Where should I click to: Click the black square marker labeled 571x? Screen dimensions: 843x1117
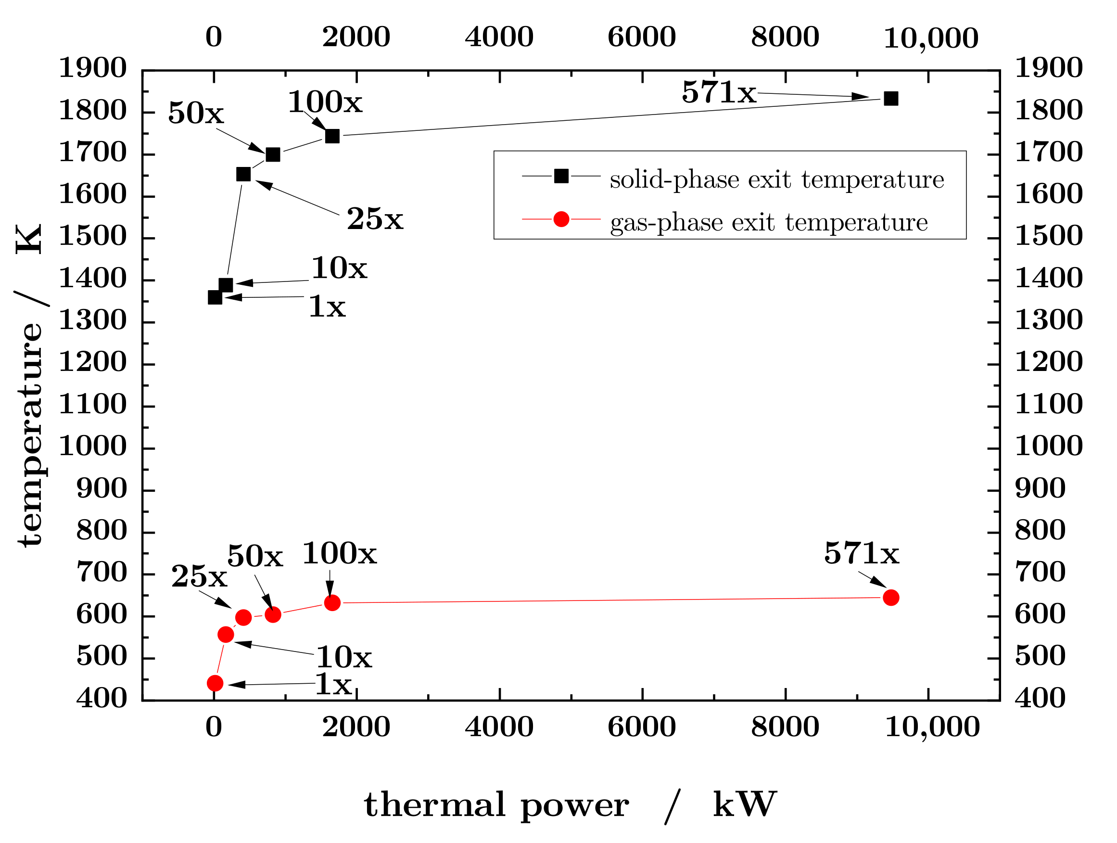click(891, 99)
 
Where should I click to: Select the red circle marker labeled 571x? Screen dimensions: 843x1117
click(891, 598)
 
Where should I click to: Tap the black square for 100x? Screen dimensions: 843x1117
click(332, 136)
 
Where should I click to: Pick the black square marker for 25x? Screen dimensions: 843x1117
click(243, 174)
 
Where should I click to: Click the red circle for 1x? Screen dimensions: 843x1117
click(215, 683)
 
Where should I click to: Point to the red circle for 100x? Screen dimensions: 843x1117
click(332, 602)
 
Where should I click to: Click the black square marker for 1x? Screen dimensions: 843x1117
click(215, 297)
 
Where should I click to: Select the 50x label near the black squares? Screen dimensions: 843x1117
click(195, 113)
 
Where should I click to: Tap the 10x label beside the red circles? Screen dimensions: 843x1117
click(344, 658)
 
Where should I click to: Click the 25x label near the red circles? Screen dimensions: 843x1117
click(199, 576)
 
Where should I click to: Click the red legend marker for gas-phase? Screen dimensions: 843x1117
click(561, 219)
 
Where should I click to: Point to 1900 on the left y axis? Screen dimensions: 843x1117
click(93, 68)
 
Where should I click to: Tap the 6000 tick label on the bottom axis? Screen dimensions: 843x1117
click(642, 728)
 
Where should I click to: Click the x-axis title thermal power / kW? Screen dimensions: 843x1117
click(570, 805)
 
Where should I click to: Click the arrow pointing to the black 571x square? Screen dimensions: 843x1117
click(813, 95)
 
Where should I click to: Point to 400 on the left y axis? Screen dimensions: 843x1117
click(102, 699)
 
